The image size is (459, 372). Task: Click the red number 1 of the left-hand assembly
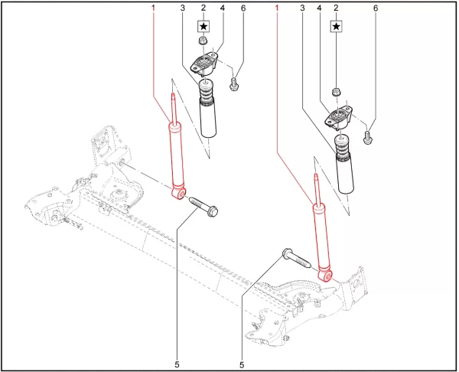coord(153,8)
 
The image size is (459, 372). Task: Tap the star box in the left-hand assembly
coord(203,25)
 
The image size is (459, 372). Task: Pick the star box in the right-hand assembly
coord(337,25)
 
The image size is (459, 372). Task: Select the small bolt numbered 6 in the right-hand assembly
coord(368,137)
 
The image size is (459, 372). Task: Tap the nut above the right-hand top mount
coord(337,93)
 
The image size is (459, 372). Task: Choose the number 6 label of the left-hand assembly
coord(243,8)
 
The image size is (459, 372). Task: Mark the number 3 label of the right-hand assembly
coord(303,8)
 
